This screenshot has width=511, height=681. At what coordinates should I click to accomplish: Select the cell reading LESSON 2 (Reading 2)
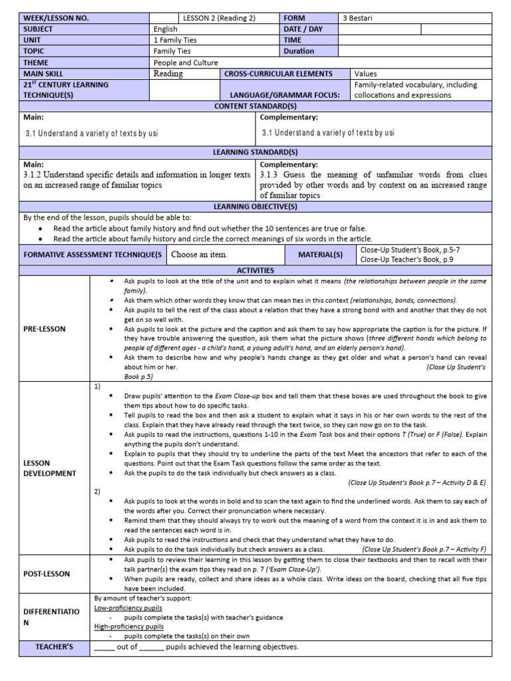[218, 19]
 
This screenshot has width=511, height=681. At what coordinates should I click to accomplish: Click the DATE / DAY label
[303, 29]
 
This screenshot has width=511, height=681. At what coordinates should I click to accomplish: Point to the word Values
[366, 74]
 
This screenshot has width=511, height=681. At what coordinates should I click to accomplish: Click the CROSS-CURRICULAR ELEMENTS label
[278, 74]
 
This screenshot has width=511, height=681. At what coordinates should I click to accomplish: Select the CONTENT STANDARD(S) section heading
[255, 106]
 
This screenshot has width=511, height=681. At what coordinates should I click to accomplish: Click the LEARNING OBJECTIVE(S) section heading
[255, 207]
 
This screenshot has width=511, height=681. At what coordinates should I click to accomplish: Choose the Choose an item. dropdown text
[200, 254]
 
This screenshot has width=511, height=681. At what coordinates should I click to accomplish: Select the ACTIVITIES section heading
[255, 271]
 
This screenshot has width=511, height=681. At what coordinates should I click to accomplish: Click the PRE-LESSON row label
[45, 329]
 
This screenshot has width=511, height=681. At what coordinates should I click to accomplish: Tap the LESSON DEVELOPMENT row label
[49, 468]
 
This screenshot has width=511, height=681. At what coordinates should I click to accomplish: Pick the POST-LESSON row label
[47, 573]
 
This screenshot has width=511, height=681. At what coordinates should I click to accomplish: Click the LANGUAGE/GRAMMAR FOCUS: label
[285, 95]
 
